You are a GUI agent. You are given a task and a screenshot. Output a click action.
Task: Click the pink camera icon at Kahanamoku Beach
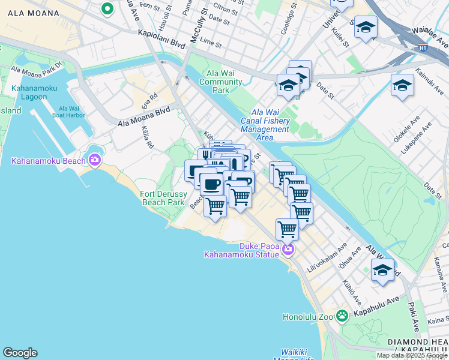(x=94, y=160)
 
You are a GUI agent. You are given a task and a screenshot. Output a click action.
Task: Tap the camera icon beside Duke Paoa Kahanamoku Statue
(x=289, y=249)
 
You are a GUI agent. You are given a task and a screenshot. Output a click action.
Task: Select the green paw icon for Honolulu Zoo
(x=342, y=315)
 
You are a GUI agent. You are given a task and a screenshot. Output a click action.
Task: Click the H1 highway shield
(x=424, y=46)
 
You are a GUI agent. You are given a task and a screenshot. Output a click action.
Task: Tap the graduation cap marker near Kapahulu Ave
(x=382, y=270)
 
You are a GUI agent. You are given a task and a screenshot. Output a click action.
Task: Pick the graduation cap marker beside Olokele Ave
(x=402, y=85)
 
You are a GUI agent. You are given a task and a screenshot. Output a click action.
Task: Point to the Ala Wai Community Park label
(x=220, y=82)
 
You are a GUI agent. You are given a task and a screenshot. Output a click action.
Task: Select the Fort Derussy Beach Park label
(x=162, y=198)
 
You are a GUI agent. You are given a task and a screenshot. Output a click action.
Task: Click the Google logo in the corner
(x=20, y=353)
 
